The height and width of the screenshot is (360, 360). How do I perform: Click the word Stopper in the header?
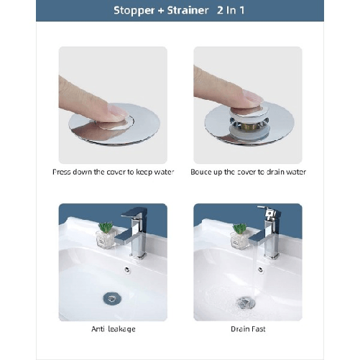[x=134, y=11]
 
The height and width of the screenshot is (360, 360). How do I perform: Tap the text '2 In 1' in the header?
[x=231, y=11]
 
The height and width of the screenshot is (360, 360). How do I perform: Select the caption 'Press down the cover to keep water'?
[x=112, y=172]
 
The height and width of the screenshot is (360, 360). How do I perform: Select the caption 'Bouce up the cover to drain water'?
[x=248, y=172]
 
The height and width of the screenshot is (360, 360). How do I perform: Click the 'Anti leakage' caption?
[x=113, y=329]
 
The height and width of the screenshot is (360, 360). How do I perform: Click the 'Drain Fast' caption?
[x=248, y=329]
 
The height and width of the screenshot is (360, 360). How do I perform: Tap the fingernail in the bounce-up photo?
[x=252, y=97]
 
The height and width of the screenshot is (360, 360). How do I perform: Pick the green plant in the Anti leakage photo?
[x=106, y=229]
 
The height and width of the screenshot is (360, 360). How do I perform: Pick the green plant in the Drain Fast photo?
[x=239, y=229]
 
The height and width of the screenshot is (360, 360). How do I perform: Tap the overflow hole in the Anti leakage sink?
[x=126, y=270]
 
